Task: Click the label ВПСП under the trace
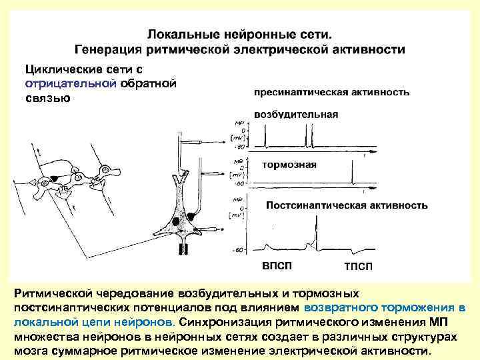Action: (x=277, y=266)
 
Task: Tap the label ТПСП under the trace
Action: (x=359, y=267)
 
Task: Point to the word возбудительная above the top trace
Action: (x=296, y=114)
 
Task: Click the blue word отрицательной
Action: (x=71, y=83)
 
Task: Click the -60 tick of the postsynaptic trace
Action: (x=238, y=251)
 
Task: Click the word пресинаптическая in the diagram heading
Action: (x=293, y=92)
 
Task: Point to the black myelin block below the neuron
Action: (x=182, y=249)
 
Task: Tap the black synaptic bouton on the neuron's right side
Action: (x=192, y=215)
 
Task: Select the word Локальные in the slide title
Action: (x=177, y=33)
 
